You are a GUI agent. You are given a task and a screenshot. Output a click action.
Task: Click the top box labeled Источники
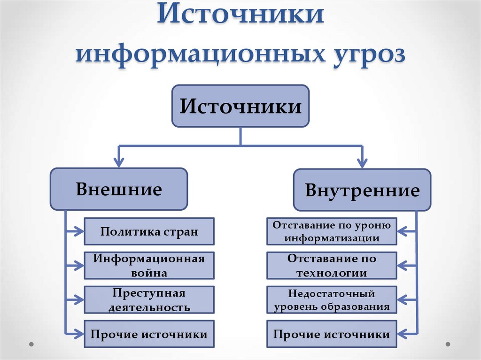click(240, 106)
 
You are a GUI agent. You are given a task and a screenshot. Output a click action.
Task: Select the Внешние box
click(119, 189)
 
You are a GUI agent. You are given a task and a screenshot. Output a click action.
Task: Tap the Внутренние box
click(362, 190)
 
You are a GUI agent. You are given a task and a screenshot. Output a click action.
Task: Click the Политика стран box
click(149, 231)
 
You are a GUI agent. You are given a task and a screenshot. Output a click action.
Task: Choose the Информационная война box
click(149, 265)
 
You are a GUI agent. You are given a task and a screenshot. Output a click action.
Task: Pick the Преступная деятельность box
click(149, 300)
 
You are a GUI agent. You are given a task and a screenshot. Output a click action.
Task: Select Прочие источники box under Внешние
click(149, 334)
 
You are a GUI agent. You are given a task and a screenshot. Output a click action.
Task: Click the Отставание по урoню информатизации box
click(332, 231)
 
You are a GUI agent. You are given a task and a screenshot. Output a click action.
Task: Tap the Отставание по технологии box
click(332, 265)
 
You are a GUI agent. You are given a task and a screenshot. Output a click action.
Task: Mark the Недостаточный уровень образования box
click(332, 300)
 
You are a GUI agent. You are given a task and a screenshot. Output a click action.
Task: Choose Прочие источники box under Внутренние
click(332, 334)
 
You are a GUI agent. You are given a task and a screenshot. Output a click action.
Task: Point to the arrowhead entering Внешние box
click(119, 164)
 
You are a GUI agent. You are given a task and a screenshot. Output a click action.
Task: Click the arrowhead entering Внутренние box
click(362, 164)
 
